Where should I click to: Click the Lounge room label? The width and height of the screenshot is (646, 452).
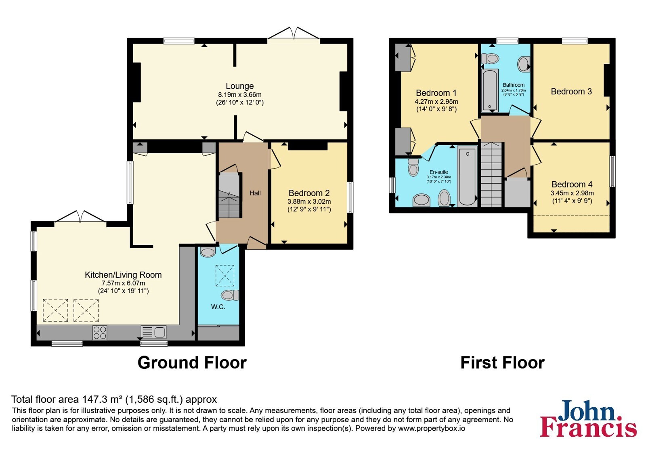click(240, 86)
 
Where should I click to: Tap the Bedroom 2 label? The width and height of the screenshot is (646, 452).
click(309, 193)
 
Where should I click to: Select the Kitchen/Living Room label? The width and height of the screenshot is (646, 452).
click(123, 275)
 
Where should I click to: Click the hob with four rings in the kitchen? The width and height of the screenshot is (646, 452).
click(100, 333)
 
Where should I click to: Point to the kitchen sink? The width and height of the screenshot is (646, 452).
click(153, 332)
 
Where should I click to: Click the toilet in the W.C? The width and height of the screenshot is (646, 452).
click(230, 295)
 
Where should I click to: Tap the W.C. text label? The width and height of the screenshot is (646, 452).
click(218, 307)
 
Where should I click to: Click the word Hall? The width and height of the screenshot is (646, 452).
click(255, 193)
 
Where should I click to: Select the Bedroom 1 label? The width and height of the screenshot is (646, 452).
click(436, 93)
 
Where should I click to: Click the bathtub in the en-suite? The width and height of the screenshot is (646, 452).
click(468, 176)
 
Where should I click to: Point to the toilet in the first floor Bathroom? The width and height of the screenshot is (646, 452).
click(490, 59)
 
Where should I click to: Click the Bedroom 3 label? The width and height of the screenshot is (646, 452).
click(571, 91)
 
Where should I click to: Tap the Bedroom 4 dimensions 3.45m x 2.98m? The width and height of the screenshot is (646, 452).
click(572, 193)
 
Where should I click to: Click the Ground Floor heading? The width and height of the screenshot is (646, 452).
click(192, 363)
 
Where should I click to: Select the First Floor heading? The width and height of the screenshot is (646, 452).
click(502, 363)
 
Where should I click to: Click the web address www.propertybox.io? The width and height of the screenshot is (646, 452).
click(432, 428)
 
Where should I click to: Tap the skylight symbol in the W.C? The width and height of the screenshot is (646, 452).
click(224, 276)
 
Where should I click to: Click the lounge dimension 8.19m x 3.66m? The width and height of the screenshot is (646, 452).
click(240, 94)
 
